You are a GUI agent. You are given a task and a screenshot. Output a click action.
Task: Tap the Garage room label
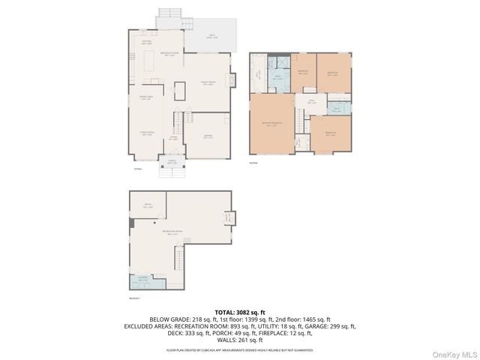(208, 136)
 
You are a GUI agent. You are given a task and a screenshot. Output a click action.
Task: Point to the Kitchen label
(147, 43)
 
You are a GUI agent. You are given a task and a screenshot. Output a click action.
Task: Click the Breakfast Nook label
(171, 54)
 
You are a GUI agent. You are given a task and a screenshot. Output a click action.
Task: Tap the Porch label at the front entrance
(172, 162)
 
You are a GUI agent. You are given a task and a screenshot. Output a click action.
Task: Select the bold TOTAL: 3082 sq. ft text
(240, 311)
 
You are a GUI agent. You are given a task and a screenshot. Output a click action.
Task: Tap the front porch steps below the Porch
(172, 172)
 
